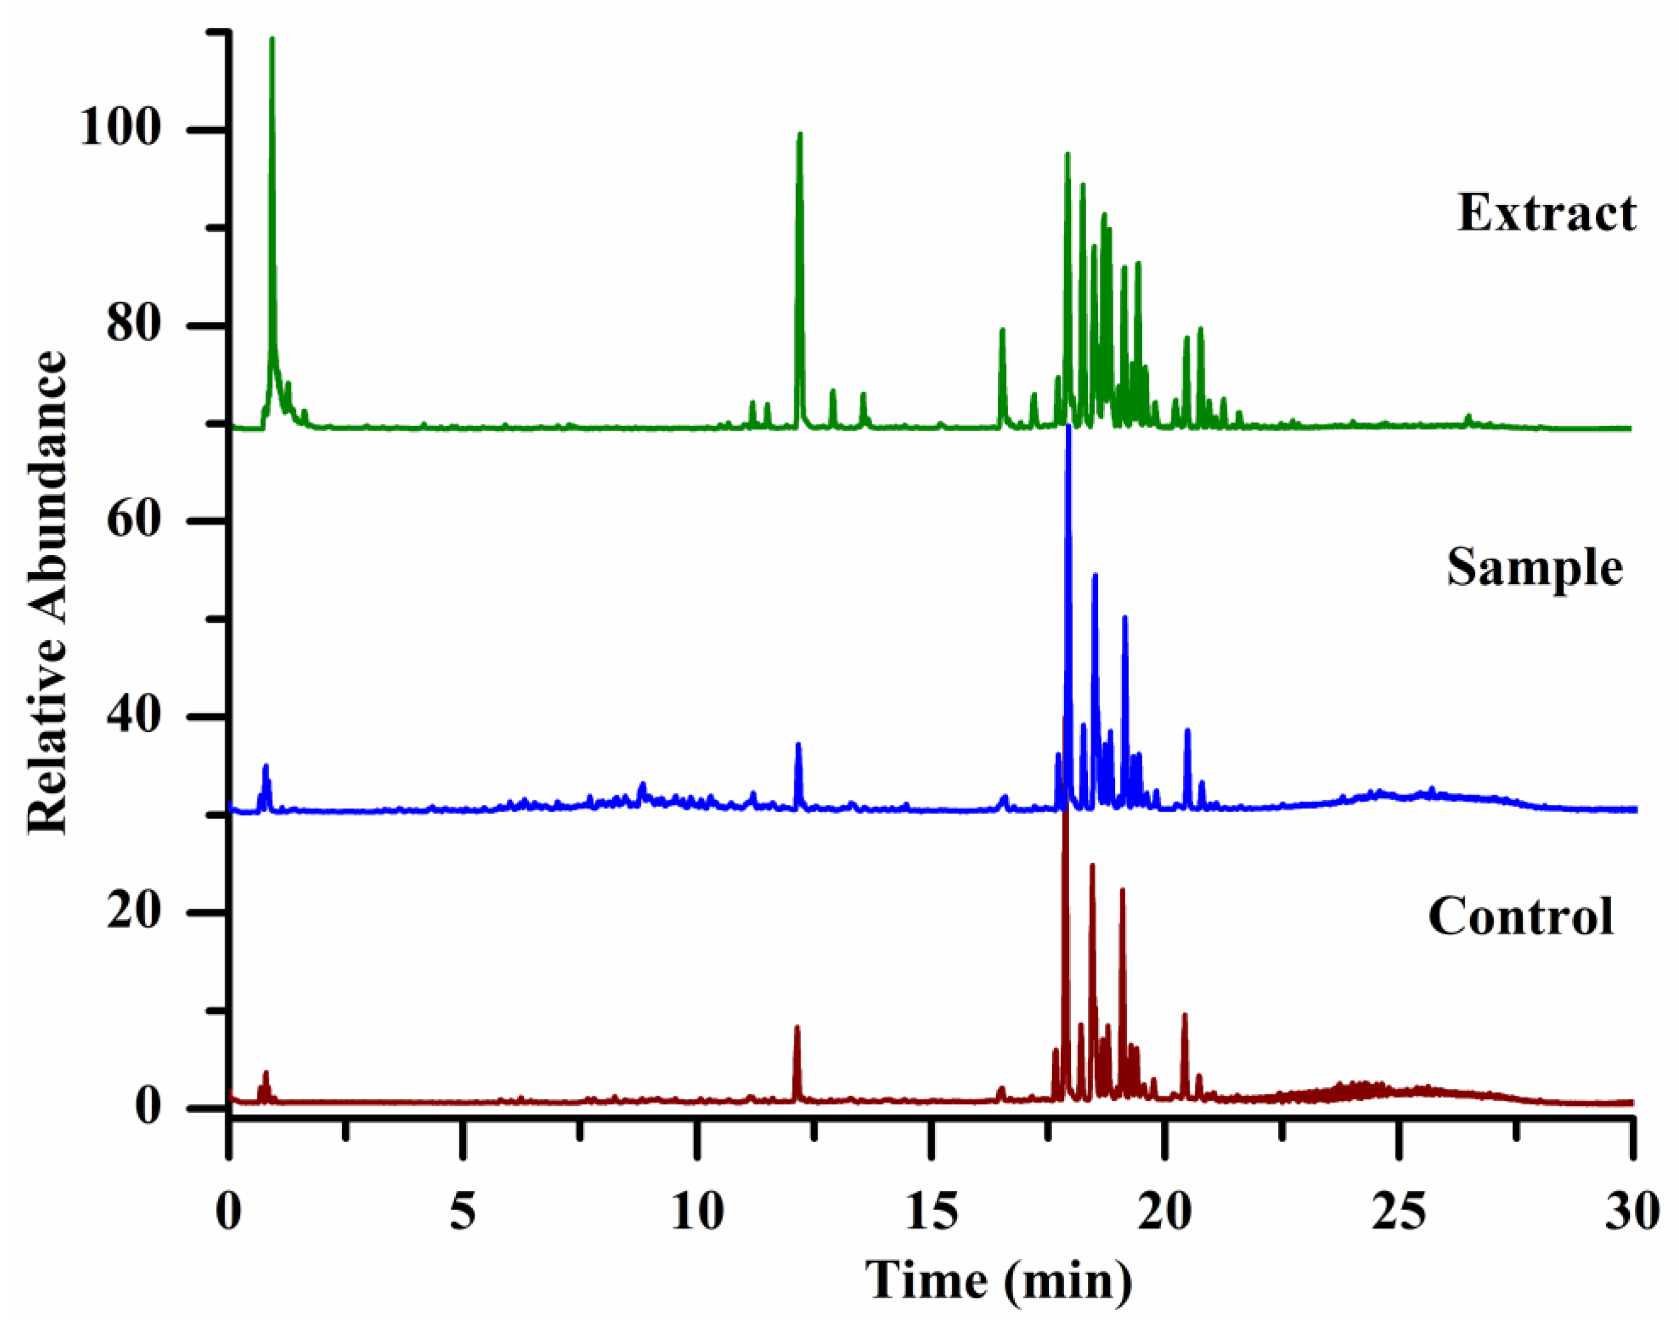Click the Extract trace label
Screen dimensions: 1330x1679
(x=1546, y=213)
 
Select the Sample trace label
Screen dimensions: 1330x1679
(x=1535, y=567)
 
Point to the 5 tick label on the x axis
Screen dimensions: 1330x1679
(x=463, y=1212)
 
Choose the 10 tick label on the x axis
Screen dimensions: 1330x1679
(x=698, y=1212)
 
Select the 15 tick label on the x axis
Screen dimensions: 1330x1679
(x=932, y=1212)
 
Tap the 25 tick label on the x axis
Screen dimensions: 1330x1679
(x=1400, y=1212)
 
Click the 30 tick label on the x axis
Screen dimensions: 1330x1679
(x=1632, y=1212)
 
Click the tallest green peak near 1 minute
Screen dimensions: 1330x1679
(x=272, y=39)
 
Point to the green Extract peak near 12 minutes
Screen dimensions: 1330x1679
(x=799, y=135)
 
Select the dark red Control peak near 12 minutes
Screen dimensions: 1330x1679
(x=797, y=1028)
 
